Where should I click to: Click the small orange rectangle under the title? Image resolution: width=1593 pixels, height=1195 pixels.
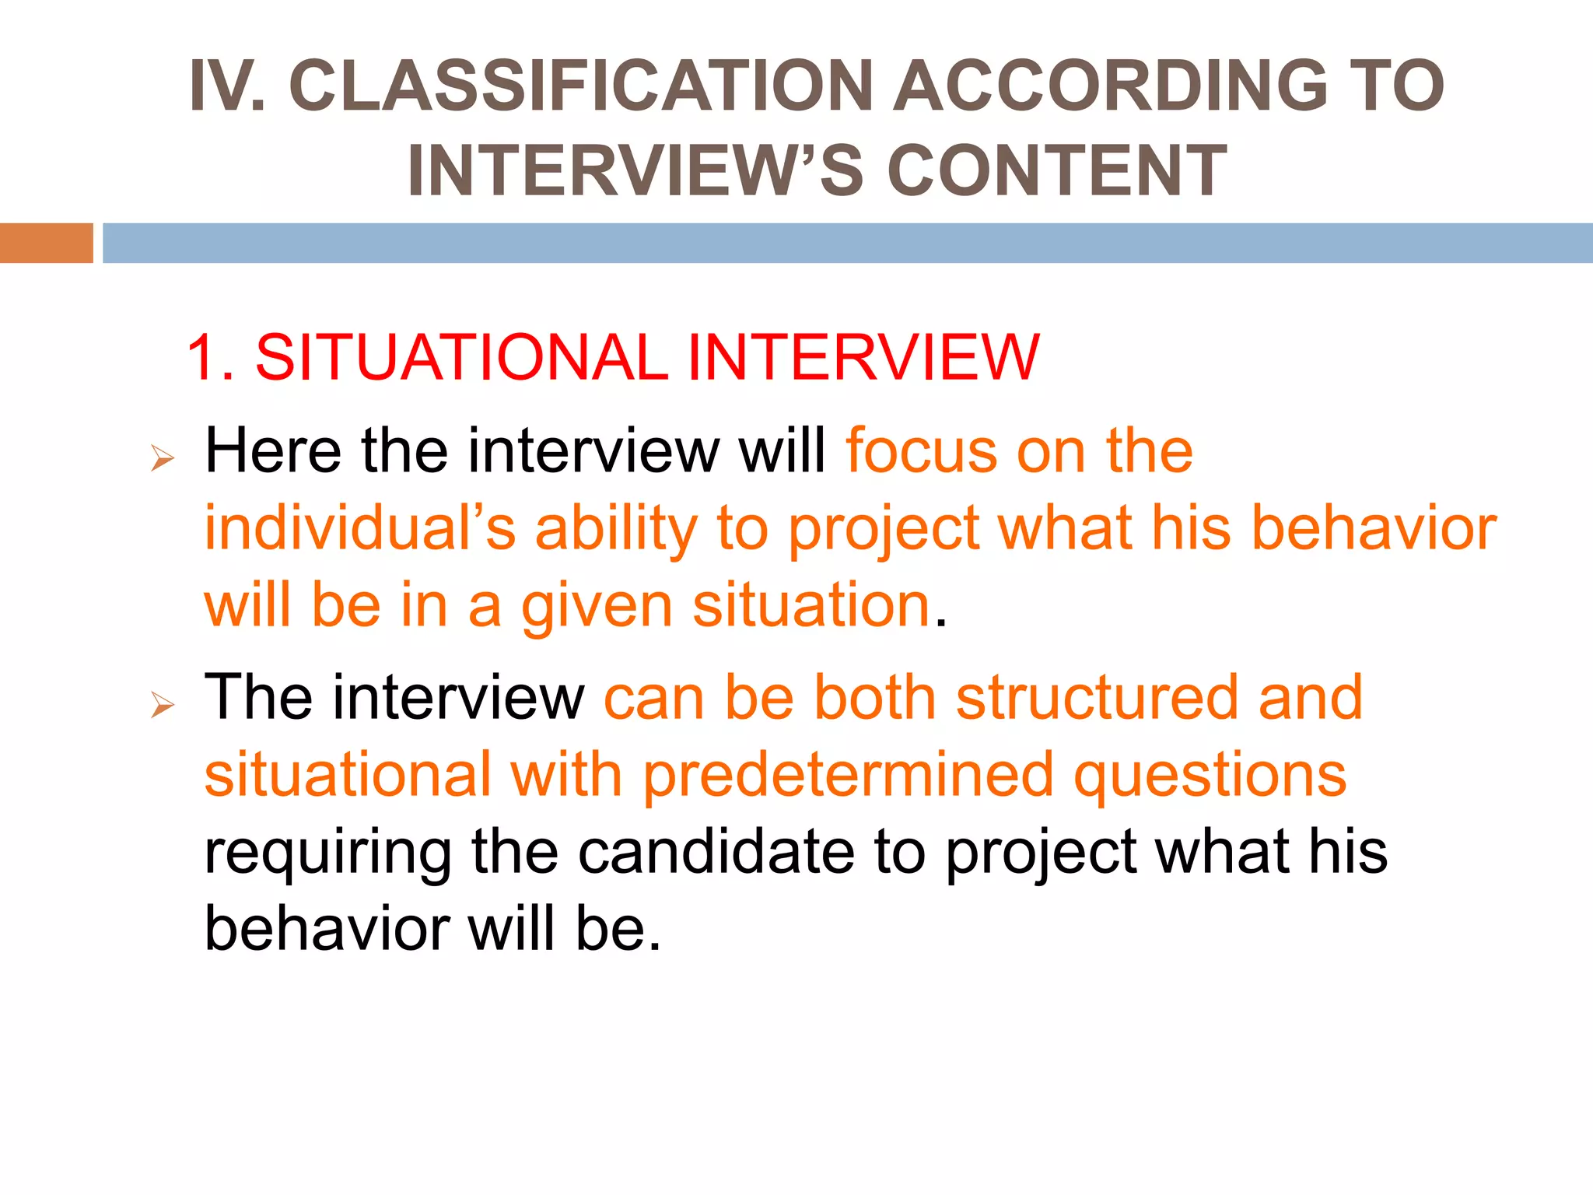coord(46,243)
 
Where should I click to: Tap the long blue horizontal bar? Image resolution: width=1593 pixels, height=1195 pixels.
coord(847,243)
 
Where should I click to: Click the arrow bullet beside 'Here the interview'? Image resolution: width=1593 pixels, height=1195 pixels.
coord(163,458)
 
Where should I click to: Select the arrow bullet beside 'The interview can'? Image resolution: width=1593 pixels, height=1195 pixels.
coord(163,705)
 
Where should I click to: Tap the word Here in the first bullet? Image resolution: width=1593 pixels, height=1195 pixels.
coord(272,450)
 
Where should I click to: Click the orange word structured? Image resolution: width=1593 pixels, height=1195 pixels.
coord(1097,697)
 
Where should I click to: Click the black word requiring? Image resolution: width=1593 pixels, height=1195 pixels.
coord(327,853)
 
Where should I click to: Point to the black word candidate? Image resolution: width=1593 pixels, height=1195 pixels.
coord(716,852)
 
